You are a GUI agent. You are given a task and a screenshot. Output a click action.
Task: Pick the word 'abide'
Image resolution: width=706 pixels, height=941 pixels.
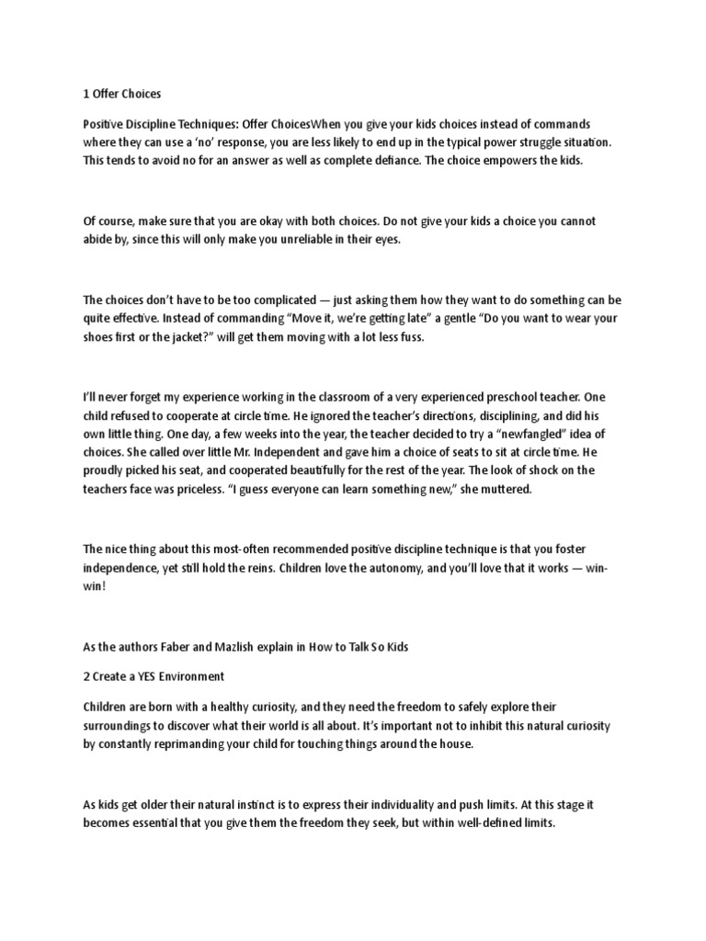click(99, 239)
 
